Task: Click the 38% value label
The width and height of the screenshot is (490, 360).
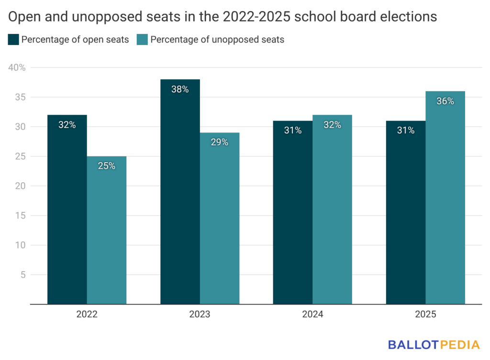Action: [x=180, y=89]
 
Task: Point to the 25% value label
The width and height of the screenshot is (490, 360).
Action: [x=106, y=166]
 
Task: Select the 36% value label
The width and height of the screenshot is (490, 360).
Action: [x=445, y=101]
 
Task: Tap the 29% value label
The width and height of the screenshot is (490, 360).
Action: [x=219, y=142]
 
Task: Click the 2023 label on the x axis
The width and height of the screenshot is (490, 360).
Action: [x=200, y=315]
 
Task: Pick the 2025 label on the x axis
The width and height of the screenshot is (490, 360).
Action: [x=425, y=315]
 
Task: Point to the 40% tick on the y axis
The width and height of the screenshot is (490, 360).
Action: [x=17, y=68]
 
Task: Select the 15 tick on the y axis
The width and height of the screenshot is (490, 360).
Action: [x=21, y=216]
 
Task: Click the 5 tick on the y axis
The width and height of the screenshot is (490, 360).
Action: [x=22, y=275]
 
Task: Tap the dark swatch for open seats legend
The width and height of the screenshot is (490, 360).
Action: [x=13, y=40]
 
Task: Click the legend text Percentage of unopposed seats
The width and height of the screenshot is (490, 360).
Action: [x=217, y=40]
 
